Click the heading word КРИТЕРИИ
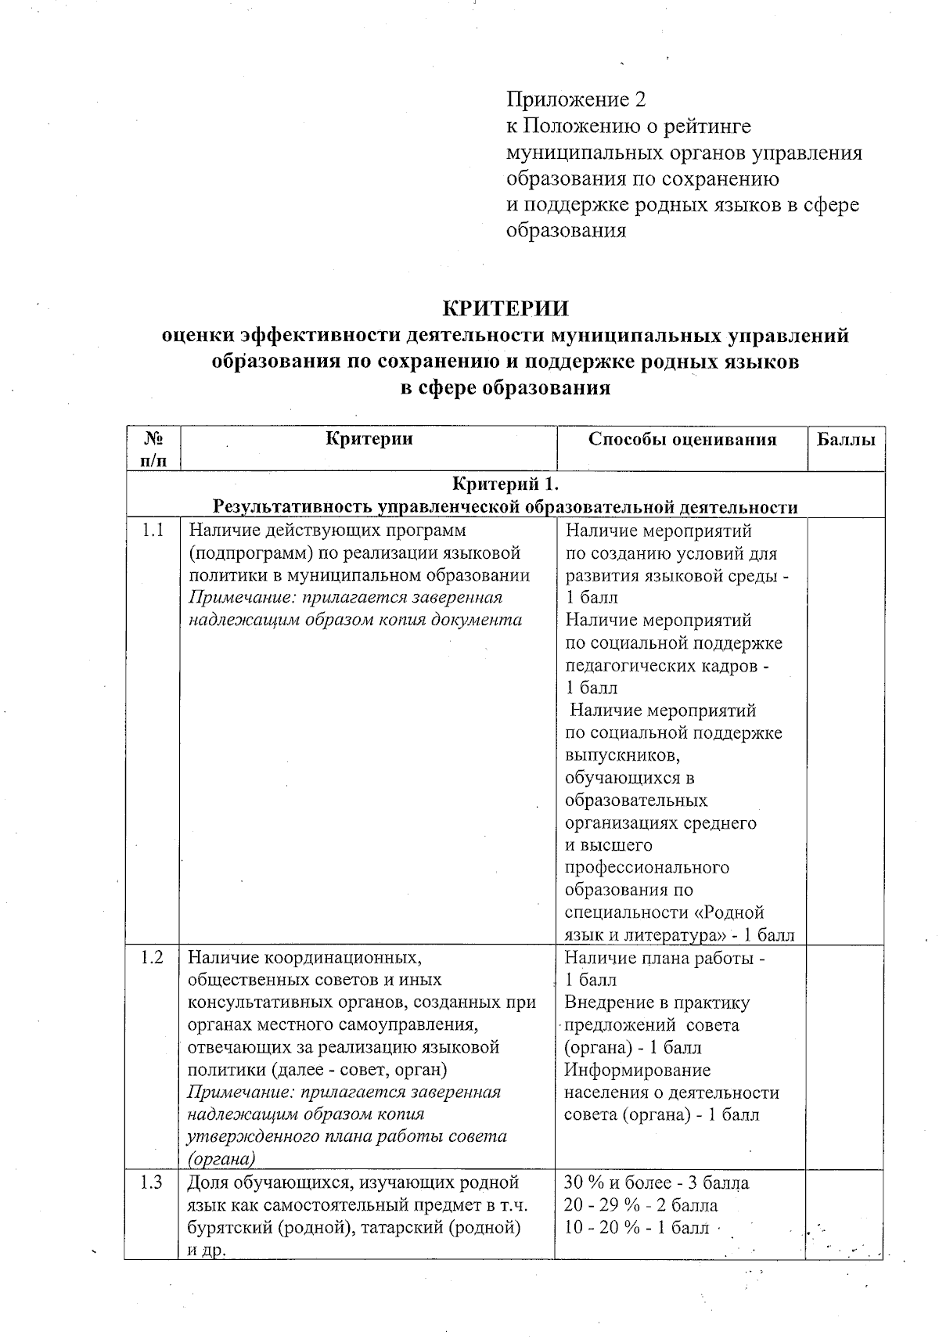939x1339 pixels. (x=505, y=307)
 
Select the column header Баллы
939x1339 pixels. (x=846, y=439)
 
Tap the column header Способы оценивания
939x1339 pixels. (x=682, y=439)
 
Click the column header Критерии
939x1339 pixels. (x=369, y=438)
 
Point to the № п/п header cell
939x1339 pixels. (x=153, y=449)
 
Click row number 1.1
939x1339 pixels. (x=153, y=531)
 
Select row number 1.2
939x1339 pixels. (x=153, y=957)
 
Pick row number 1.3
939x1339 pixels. (x=153, y=1182)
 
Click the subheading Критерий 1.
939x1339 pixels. (x=505, y=484)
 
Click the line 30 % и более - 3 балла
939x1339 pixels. (x=656, y=1182)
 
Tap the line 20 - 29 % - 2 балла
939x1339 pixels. (x=641, y=1205)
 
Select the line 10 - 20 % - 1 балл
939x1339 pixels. (x=636, y=1227)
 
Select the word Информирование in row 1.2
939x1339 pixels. (x=637, y=1070)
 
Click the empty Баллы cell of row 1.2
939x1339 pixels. (x=846, y=1056)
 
